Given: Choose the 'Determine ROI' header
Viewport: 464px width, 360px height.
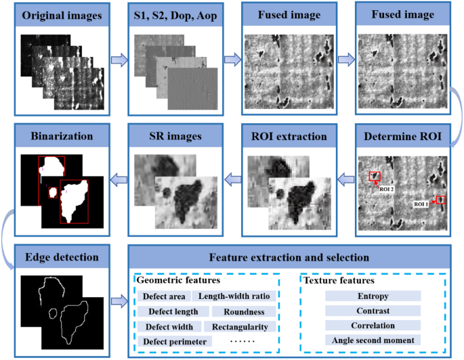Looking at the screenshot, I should pos(404,135).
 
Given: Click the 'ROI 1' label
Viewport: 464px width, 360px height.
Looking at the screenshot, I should pos(422,203).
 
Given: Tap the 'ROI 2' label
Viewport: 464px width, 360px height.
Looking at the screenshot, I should pos(387,189).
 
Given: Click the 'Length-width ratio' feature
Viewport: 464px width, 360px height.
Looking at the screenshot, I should pos(234,296).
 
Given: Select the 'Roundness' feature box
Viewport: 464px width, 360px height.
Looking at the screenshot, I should pos(243,311).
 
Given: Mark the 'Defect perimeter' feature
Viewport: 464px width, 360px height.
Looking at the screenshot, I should pos(174,342).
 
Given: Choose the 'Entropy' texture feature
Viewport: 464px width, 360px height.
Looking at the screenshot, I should pos(373,296).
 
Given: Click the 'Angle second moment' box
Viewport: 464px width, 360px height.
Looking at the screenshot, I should pos(373,340).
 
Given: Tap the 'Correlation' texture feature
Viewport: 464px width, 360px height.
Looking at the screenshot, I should pos(373,325).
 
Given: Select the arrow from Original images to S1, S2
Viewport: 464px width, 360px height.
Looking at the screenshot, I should pos(119,61).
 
